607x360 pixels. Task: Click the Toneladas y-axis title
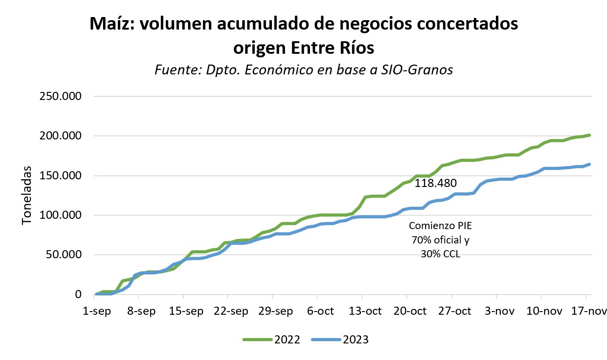coord(27,195)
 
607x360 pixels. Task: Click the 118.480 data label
coord(435,183)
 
